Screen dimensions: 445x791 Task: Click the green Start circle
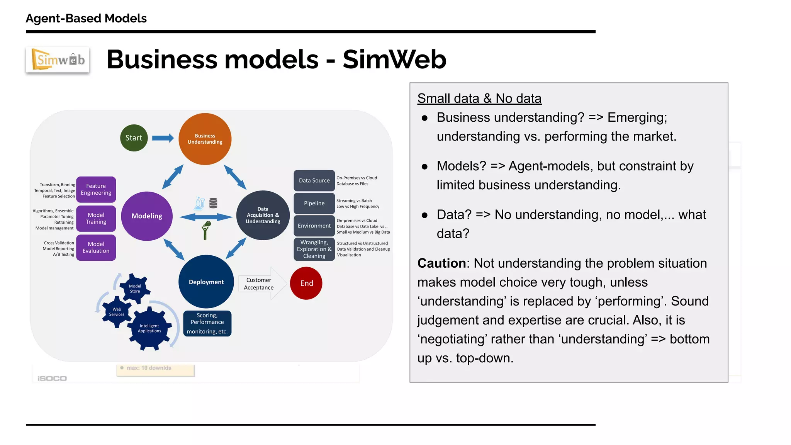click(134, 138)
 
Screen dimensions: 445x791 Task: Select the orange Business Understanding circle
click(205, 139)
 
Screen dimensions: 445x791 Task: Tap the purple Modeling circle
click(147, 216)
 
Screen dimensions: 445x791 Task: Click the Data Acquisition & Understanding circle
click(263, 215)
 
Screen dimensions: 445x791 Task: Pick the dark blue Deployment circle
click(206, 282)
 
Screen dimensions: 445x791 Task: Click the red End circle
click(306, 283)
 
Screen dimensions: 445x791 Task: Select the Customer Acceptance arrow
click(261, 284)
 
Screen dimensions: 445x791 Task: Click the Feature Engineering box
click(96, 189)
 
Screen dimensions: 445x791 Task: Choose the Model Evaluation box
click(96, 247)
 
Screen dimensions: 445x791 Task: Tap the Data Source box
click(314, 180)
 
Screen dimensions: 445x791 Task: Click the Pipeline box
click(314, 203)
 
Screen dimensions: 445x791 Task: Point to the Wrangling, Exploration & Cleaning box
click(314, 249)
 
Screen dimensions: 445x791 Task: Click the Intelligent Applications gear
click(149, 328)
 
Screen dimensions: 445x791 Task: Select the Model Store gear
click(135, 289)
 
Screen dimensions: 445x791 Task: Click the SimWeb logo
click(58, 59)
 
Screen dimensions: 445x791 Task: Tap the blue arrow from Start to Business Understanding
click(163, 138)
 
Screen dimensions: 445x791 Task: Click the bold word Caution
click(441, 263)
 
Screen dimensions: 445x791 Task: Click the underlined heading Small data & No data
click(479, 99)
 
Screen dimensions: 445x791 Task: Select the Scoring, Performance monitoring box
click(207, 323)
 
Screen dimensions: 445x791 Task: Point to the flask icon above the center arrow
click(199, 203)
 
